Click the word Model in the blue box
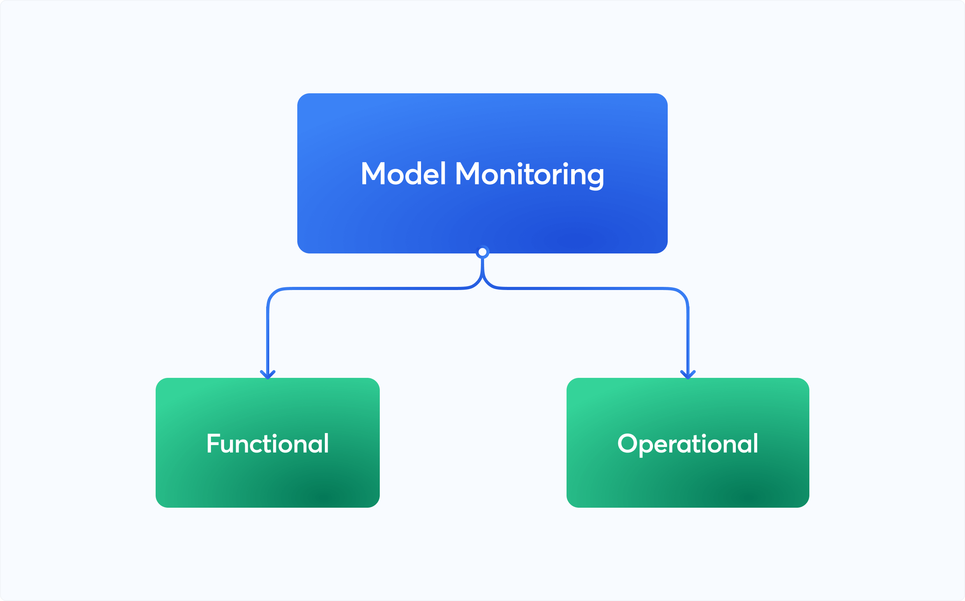click(x=403, y=174)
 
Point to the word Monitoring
click(x=530, y=175)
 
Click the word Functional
click(x=267, y=444)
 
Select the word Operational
click(x=688, y=444)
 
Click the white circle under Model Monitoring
click(x=482, y=252)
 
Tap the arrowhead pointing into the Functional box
click(x=268, y=374)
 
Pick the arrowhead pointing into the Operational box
click(x=688, y=374)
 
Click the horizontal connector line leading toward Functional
click(x=374, y=288)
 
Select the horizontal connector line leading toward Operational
click(x=589, y=288)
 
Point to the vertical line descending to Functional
click(x=268, y=338)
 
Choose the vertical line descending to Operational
click(x=688, y=338)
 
